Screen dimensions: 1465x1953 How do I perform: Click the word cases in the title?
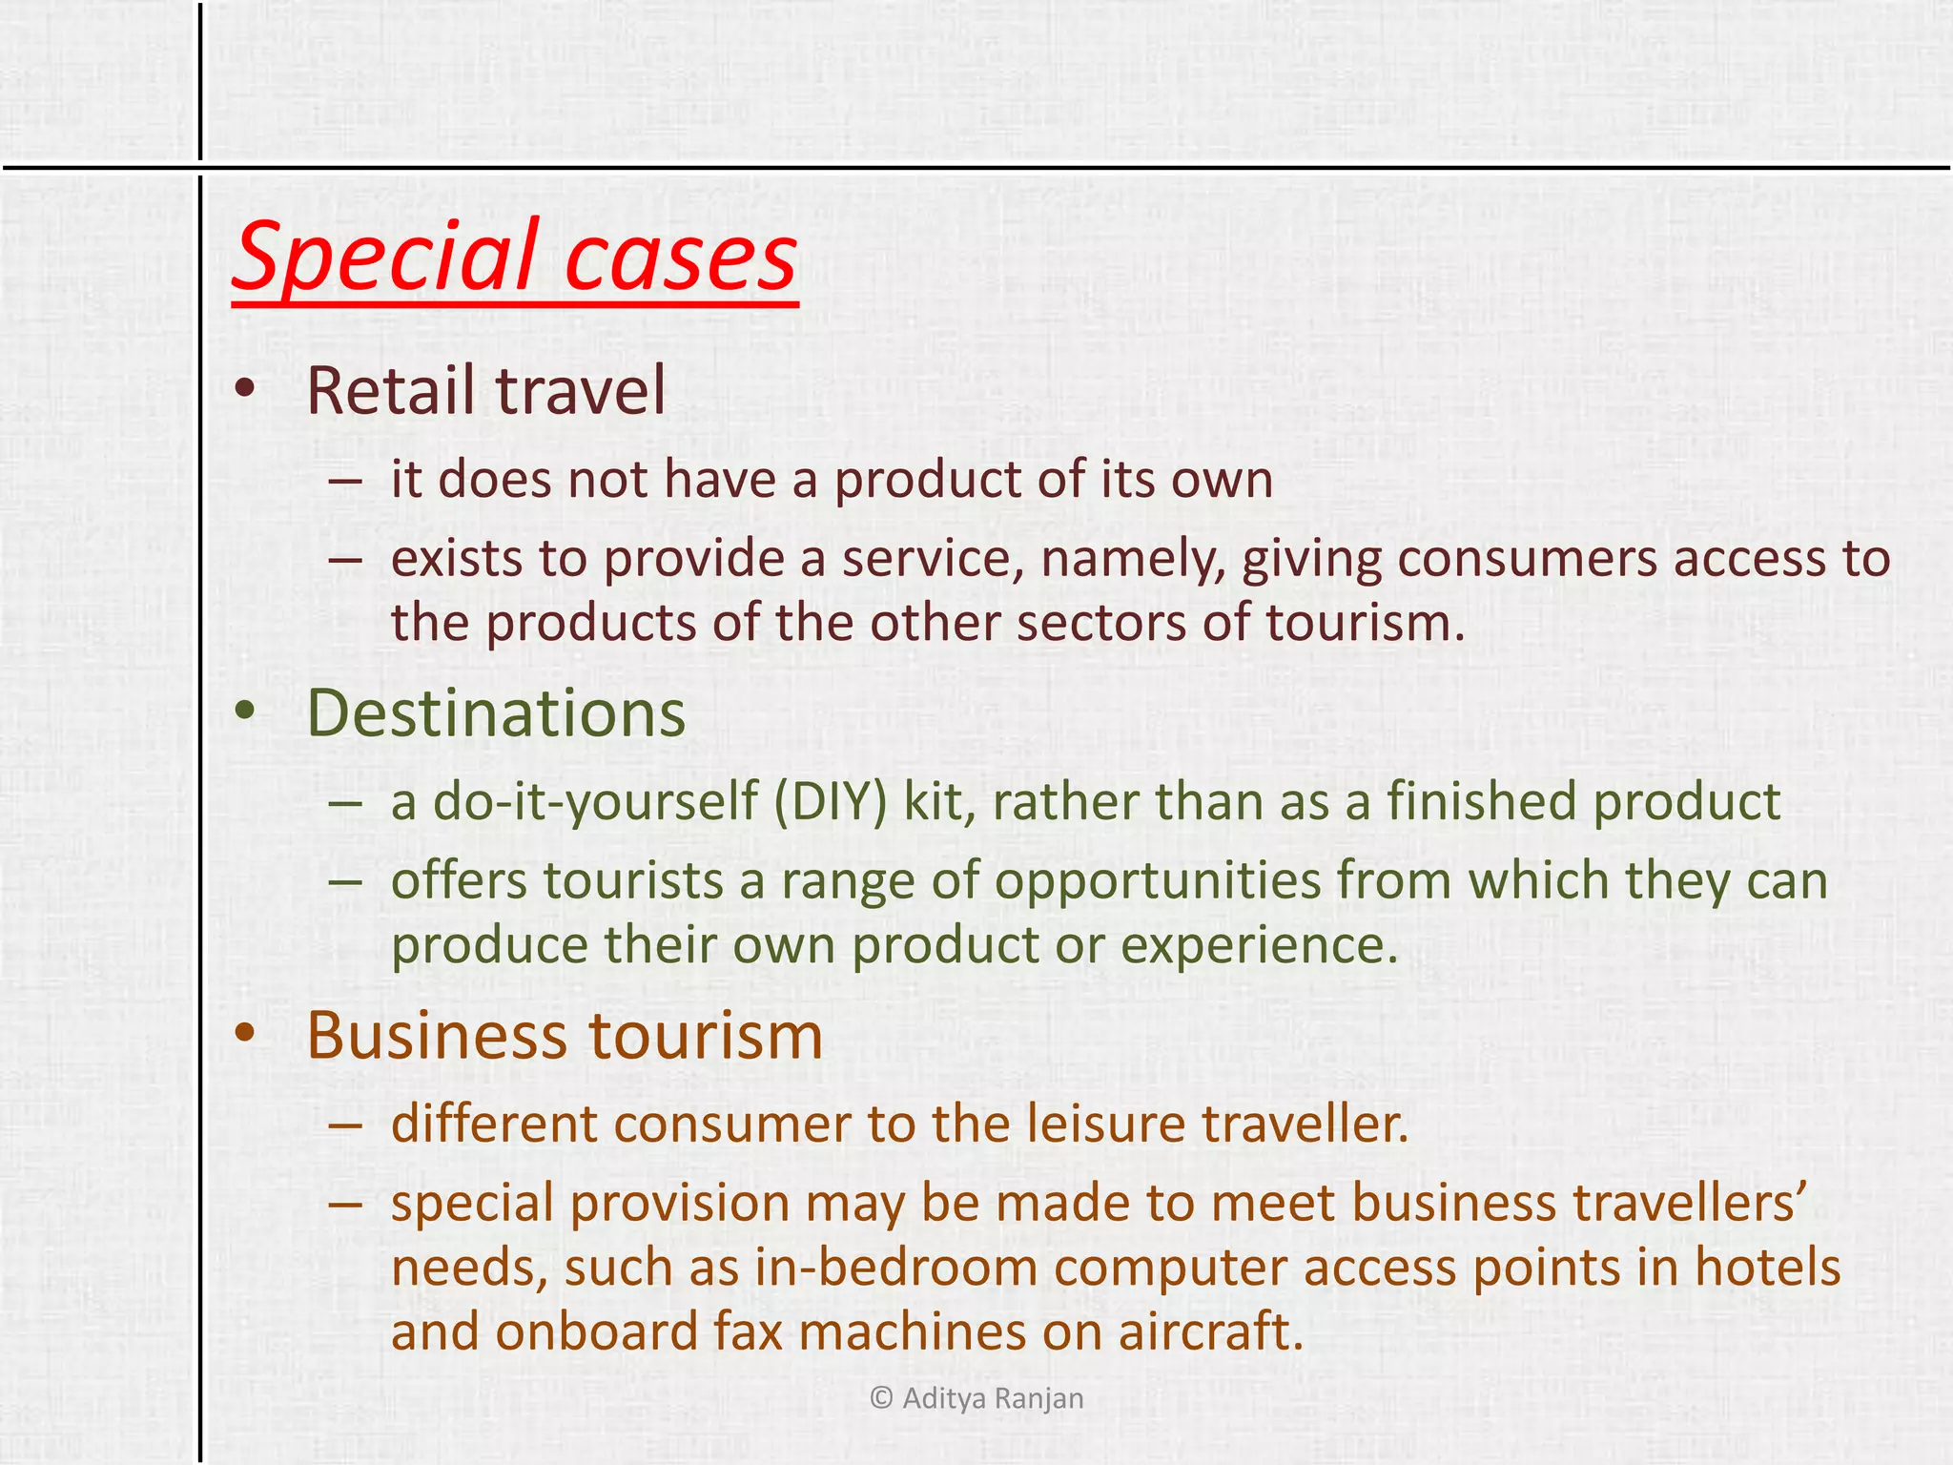[681, 258]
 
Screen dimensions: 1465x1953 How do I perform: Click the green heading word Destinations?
[495, 712]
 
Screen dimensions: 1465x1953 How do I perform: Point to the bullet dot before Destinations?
[245, 711]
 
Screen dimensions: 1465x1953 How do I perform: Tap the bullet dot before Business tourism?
[245, 1033]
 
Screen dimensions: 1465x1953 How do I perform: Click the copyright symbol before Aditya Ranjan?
[882, 1398]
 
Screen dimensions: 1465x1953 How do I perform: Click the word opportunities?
[1158, 880]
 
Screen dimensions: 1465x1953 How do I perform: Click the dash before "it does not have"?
[344, 479]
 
